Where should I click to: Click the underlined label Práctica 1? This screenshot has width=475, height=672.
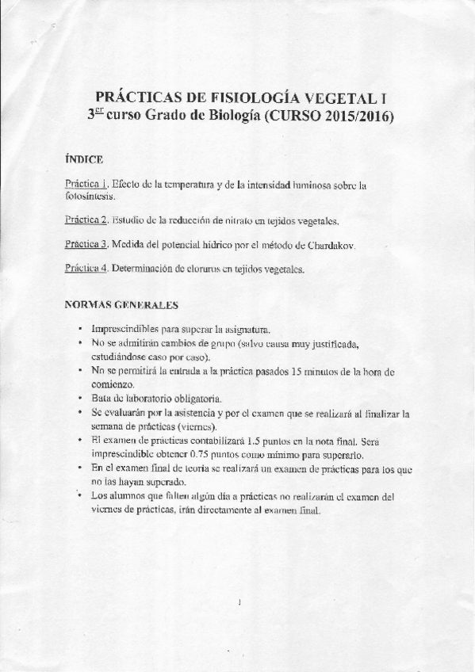[x=86, y=184]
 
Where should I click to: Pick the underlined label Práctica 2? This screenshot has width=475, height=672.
[x=86, y=220]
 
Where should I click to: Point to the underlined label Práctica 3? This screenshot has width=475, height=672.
[x=86, y=245]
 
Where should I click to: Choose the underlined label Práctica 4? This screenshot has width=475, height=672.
[x=86, y=269]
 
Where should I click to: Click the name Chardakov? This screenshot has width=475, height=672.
[x=328, y=245]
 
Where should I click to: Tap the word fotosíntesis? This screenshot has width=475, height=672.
[x=90, y=196]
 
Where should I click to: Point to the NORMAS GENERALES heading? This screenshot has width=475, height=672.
[x=121, y=304]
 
